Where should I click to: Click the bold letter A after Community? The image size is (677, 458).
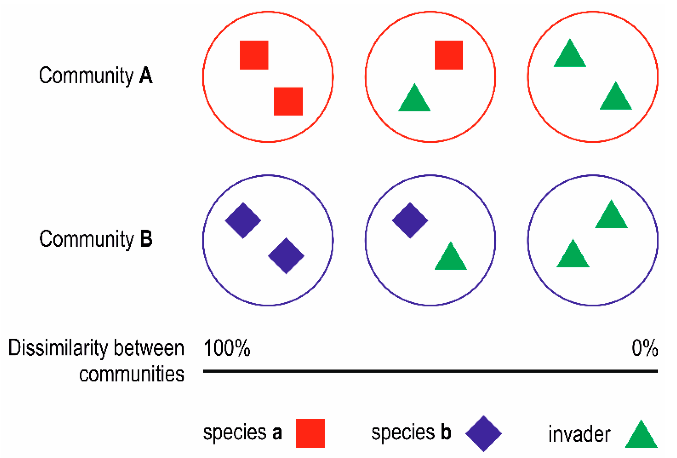146,76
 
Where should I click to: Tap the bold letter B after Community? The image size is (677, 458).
146,239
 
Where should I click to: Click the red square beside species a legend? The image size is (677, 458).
310,433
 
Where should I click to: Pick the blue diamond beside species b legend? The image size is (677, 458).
483,433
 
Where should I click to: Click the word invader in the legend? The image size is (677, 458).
579,434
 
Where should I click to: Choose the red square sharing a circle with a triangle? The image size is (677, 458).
448,55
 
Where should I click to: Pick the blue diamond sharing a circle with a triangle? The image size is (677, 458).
410,220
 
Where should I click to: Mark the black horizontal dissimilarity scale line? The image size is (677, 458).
430,371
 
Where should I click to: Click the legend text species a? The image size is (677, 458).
242,433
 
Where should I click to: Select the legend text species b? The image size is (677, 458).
411,433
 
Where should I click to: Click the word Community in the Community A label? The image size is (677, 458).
86,76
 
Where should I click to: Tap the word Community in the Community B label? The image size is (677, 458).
86,239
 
